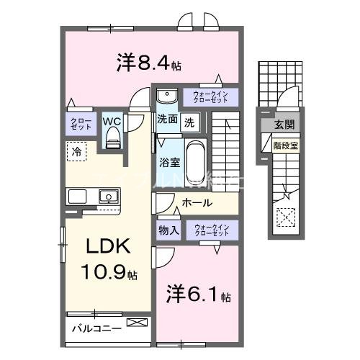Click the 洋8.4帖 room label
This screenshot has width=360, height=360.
(x=148, y=63)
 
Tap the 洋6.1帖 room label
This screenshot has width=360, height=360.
(x=199, y=295)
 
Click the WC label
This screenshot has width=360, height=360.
(x=112, y=121)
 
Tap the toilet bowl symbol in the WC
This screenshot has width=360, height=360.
(x=112, y=140)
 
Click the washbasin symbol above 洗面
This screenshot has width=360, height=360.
(x=166, y=96)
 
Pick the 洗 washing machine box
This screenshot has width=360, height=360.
(x=189, y=122)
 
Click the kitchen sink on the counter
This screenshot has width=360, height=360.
(x=109, y=196)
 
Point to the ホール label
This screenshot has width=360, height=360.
(x=197, y=203)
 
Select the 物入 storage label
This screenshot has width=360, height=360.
(x=168, y=230)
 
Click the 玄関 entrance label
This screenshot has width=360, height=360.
(x=287, y=125)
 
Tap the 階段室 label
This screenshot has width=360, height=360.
(x=286, y=144)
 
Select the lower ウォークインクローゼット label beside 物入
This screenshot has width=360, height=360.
(x=211, y=230)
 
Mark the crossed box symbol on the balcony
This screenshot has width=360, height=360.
(x=135, y=325)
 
